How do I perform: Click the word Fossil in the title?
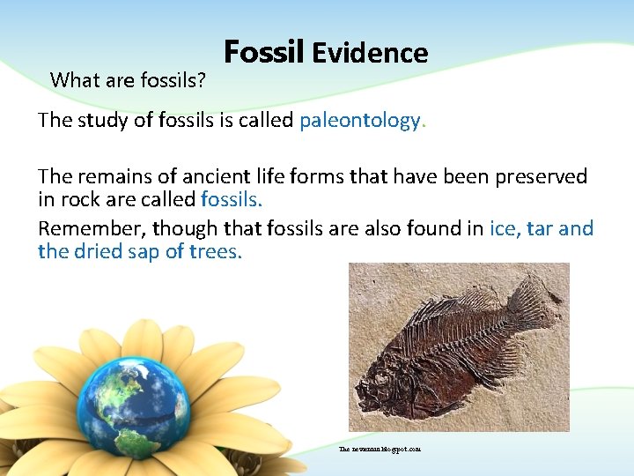tap(263, 53)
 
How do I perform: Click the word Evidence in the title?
tap(369, 54)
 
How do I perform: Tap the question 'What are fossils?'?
tap(129, 80)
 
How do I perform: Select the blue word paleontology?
tap(360, 121)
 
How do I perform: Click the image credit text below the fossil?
tap(380, 449)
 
